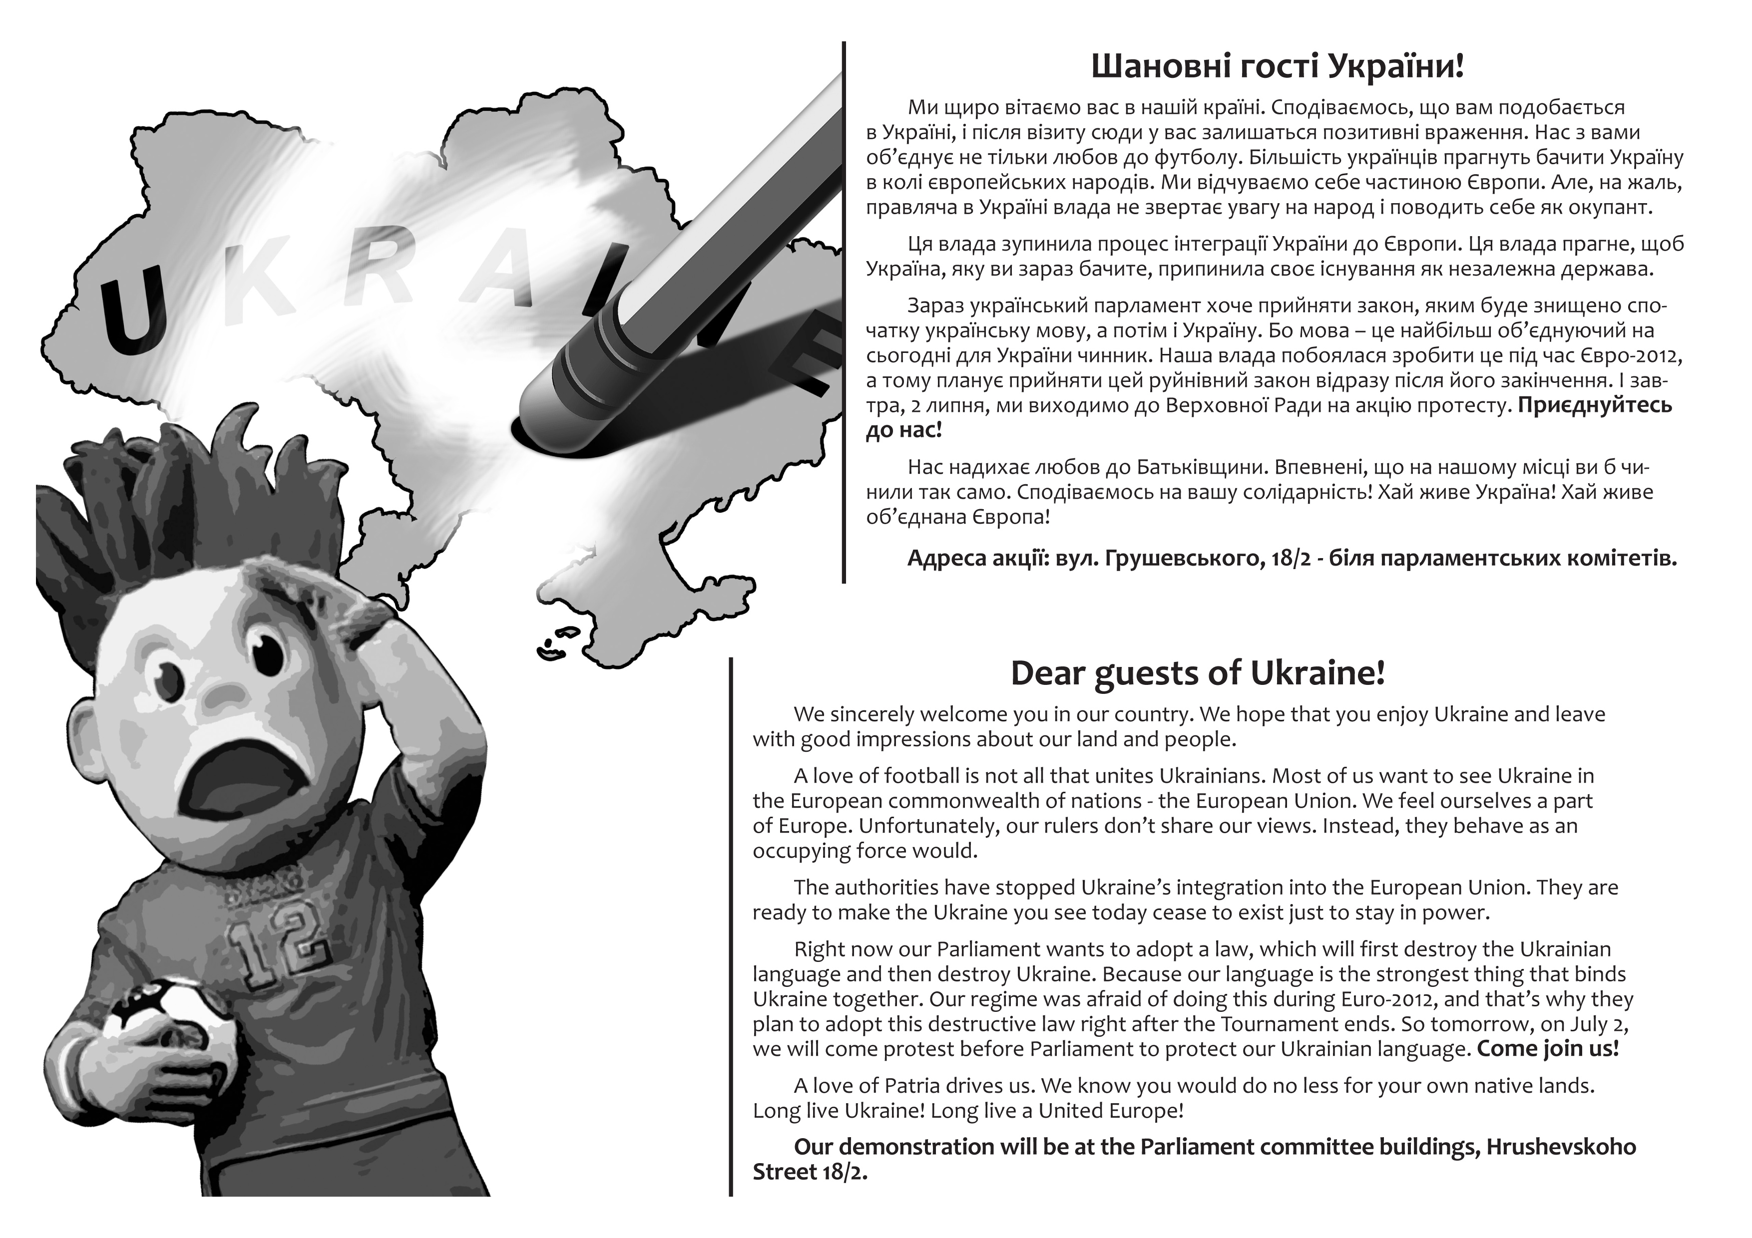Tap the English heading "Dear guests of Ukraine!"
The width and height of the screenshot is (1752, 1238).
tap(1197, 673)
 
